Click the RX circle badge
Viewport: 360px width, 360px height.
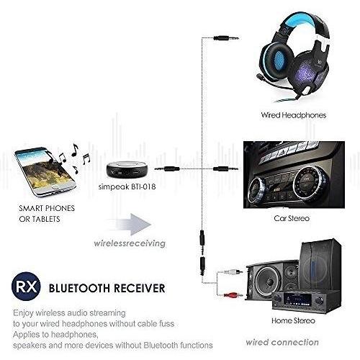click(26, 287)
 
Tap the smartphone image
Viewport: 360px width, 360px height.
click(45, 172)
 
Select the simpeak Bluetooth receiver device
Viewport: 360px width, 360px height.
click(127, 170)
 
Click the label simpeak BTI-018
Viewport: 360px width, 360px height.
click(127, 186)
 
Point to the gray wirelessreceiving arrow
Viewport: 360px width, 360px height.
click(130, 225)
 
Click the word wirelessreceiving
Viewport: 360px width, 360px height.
click(130, 243)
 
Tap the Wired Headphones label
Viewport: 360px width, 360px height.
click(294, 115)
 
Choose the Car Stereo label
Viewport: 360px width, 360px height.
click(292, 218)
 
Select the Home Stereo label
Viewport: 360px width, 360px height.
click(293, 320)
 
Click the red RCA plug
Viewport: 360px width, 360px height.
click(233, 294)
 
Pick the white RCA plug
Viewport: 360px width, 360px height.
click(233, 272)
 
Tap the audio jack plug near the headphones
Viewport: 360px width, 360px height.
click(226, 37)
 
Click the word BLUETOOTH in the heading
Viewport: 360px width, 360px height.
click(80, 288)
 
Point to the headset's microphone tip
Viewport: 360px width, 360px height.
click(259, 77)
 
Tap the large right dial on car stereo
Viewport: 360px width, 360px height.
click(309, 182)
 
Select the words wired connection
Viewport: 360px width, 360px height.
click(282, 342)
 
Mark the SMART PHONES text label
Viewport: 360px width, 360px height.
click(47, 208)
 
